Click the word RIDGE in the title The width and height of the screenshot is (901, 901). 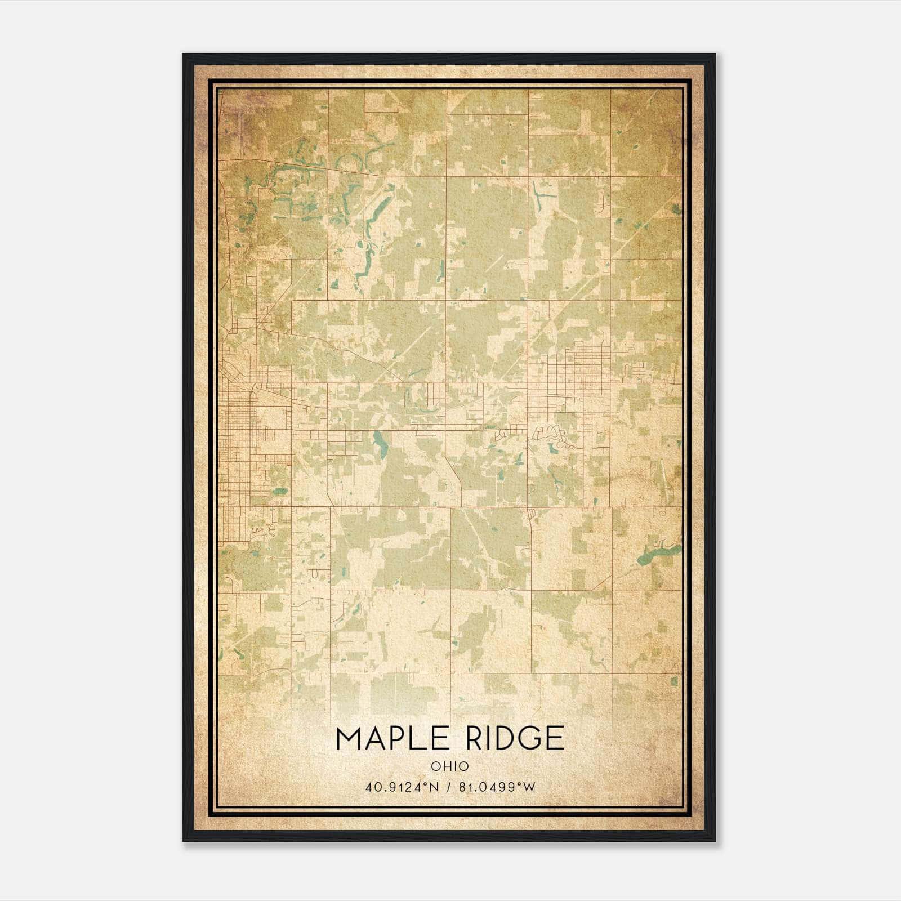click(x=507, y=738)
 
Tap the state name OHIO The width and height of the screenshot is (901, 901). click(x=450, y=766)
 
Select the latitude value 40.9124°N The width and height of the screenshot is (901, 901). click(x=400, y=787)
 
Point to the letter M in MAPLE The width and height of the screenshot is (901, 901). click(x=347, y=738)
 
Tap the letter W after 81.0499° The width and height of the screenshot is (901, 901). click(x=529, y=787)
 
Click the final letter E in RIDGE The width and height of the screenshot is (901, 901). click(x=554, y=738)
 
